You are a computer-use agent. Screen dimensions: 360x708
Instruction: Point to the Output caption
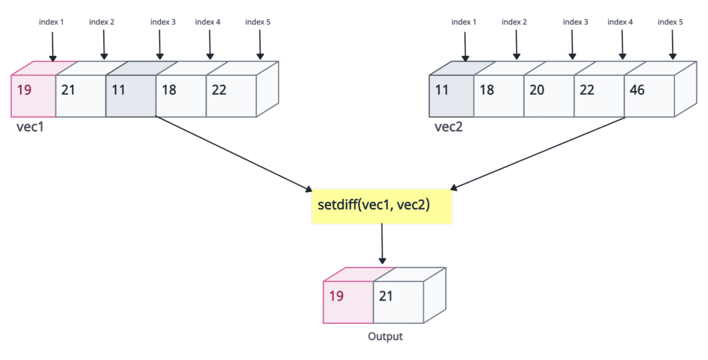coord(385,337)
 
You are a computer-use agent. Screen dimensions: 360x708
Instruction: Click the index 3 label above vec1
coord(163,22)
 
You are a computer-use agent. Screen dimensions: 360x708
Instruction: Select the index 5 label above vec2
coord(670,22)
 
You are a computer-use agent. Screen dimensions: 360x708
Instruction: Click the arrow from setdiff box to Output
coord(382,245)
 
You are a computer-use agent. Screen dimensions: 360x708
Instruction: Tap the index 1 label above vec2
coord(464,22)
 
